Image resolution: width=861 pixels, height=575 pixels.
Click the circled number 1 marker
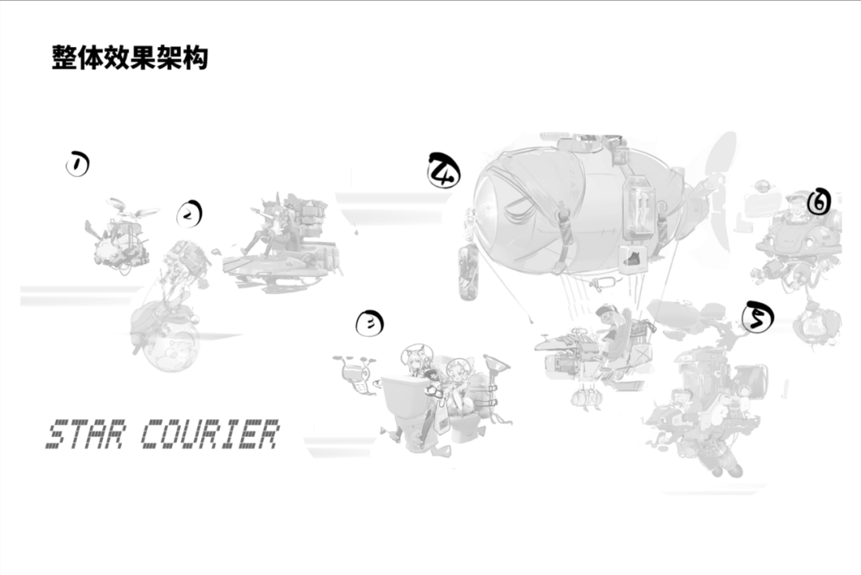(77, 164)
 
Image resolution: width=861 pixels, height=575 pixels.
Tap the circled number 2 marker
(189, 214)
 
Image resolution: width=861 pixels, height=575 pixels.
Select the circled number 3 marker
(369, 323)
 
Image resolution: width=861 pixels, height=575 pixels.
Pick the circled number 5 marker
(757, 317)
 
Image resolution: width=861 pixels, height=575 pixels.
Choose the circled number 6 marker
(819, 203)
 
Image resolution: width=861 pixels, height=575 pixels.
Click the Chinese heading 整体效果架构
(130, 57)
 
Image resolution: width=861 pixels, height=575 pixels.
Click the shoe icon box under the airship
(632, 258)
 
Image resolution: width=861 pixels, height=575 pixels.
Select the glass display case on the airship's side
(643, 205)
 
